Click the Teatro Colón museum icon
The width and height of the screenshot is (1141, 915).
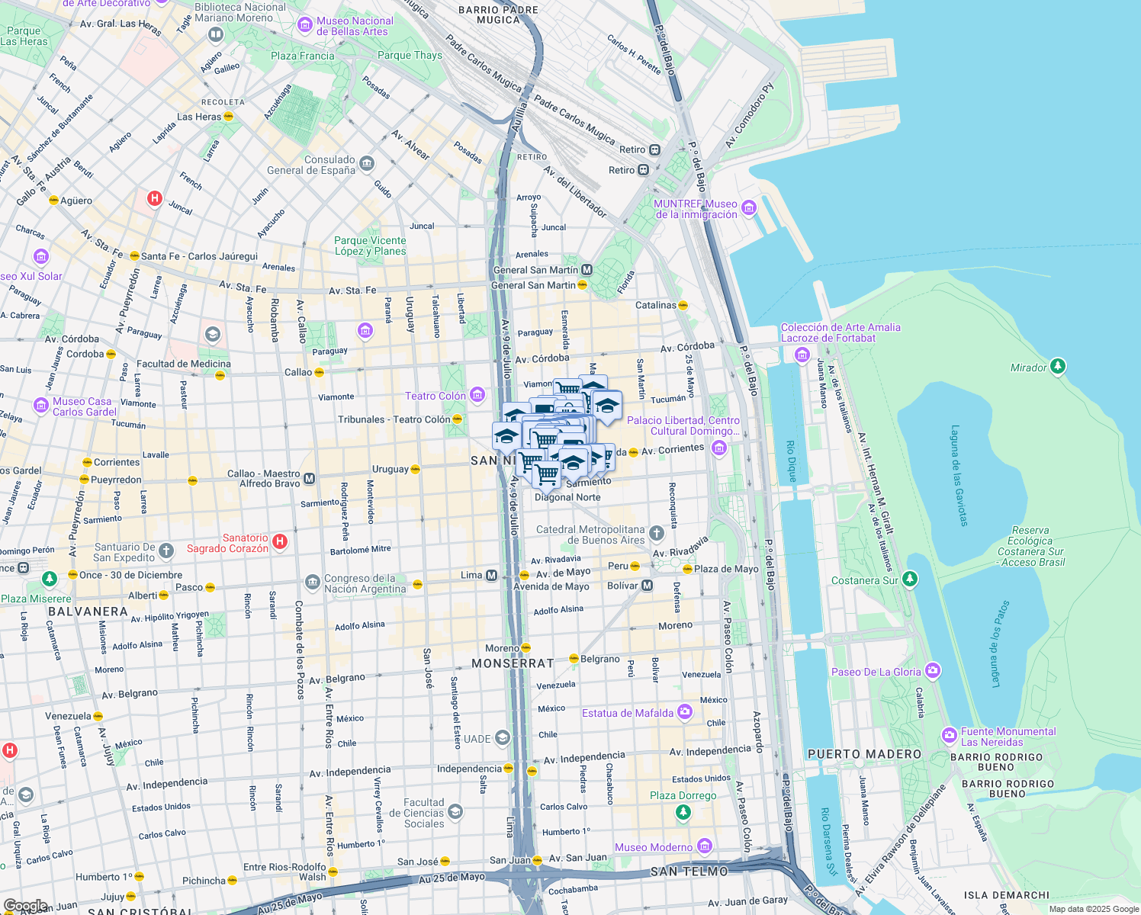click(x=477, y=394)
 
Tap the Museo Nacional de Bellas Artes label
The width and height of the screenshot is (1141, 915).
click(x=355, y=27)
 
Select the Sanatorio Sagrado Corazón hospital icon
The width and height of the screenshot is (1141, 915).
click(x=280, y=541)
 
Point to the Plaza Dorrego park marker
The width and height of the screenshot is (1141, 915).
click(x=683, y=812)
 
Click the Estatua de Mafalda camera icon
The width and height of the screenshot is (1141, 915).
click(x=685, y=712)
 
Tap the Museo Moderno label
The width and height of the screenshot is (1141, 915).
click(x=654, y=847)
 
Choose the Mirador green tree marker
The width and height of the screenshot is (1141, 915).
click(x=1057, y=367)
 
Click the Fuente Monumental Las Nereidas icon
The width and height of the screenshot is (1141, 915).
click(x=950, y=735)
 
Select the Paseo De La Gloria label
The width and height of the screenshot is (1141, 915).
click(x=876, y=672)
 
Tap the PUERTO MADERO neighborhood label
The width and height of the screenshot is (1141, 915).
click(x=864, y=754)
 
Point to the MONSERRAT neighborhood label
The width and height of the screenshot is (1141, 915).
click(x=513, y=663)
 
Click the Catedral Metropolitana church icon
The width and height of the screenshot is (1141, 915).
click(x=657, y=532)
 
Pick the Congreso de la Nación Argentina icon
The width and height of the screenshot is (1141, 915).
click(x=312, y=583)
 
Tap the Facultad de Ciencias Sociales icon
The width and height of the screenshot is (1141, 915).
click(x=455, y=811)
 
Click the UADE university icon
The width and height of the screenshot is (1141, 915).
click(x=502, y=737)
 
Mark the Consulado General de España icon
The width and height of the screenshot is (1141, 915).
click(x=367, y=163)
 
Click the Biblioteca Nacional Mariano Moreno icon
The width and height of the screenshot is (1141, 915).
click(x=216, y=34)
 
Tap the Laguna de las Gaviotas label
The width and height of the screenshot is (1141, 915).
click(x=959, y=476)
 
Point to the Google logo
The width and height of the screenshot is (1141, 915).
click(x=26, y=906)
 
